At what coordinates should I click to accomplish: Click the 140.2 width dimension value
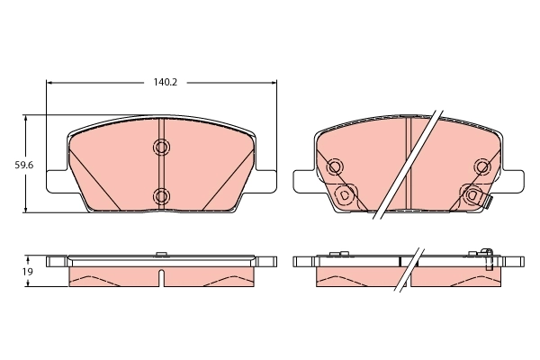[x=163, y=82]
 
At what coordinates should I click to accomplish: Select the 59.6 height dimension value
[x=12, y=165]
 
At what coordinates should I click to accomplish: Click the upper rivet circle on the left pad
[x=161, y=148]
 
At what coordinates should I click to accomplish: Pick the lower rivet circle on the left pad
[x=161, y=195]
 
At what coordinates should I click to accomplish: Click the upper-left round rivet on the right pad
[x=335, y=166]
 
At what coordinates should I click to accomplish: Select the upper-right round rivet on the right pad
[x=482, y=166]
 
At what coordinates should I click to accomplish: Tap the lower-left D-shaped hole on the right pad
[x=343, y=193]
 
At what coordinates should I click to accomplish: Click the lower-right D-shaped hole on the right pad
[x=472, y=193]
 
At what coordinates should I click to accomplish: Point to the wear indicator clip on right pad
[x=487, y=202]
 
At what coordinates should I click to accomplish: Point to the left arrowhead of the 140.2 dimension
[x=50, y=82]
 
